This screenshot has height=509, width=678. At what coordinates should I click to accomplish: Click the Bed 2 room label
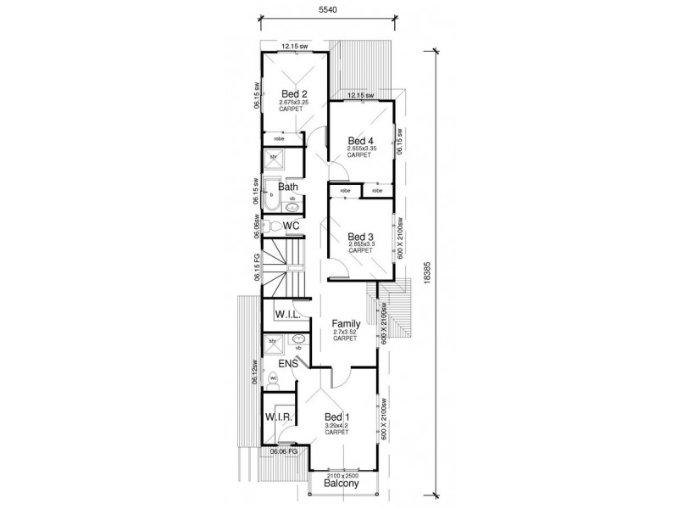pos(293,93)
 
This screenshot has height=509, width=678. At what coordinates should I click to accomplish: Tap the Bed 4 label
pos(360,141)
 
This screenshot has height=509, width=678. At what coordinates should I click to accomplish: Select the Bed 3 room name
pos(360,237)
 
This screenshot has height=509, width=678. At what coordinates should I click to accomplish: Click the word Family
pos(346,324)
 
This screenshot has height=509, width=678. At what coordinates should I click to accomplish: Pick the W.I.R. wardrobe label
pos(279,417)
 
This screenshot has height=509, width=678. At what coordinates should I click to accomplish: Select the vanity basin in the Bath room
pos(292,204)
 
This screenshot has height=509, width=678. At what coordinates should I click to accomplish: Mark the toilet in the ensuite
pos(274,378)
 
